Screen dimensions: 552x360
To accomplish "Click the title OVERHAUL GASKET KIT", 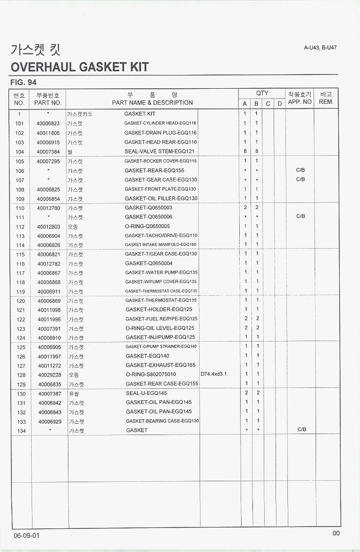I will pyautogui.click(x=79, y=67).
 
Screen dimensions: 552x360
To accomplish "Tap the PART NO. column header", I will pyautogui.click(x=48, y=102).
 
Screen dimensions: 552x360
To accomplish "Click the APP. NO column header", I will pyautogui.click(x=300, y=102).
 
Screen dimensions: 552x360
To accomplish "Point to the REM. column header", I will pyautogui.click(x=326, y=102).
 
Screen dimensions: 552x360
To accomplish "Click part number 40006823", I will pyautogui.click(x=48, y=123).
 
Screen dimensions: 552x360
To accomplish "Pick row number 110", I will pyautogui.click(x=20, y=208).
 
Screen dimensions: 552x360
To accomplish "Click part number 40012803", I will pyautogui.click(x=49, y=226).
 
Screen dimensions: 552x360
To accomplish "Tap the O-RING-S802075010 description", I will pyautogui.click(x=151, y=375).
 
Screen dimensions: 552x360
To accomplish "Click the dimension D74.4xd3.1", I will pyautogui.click(x=214, y=374).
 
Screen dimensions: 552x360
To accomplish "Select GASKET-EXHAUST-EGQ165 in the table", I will pyautogui.click(x=160, y=365).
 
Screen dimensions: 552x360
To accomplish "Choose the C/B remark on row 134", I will pyautogui.click(x=301, y=430).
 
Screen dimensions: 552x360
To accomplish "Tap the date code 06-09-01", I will pyautogui.click(x=27, y=536).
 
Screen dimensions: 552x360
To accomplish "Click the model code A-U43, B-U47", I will pyautogui.click(x=320, y=48).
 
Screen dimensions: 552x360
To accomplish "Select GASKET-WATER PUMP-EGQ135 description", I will pyautogui.click(x=161, y=273).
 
